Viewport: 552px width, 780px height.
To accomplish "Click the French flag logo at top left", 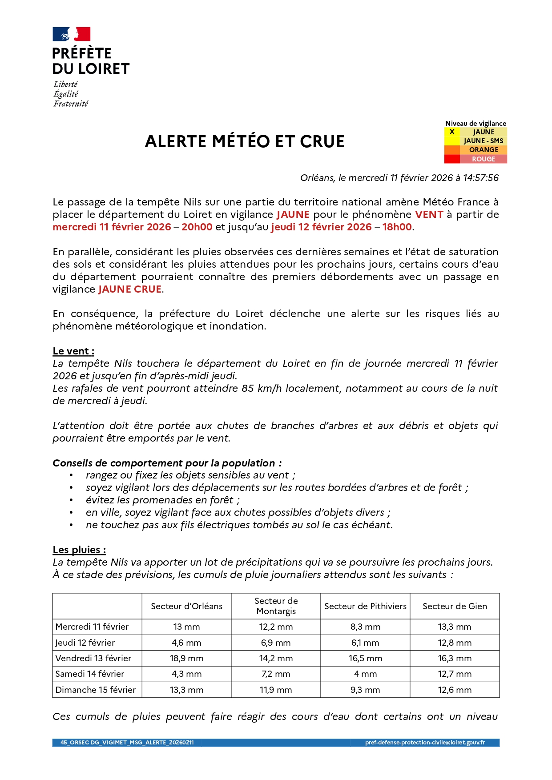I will (x=72, y=34).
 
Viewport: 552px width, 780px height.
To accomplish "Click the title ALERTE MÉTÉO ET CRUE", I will (x=245, y=141).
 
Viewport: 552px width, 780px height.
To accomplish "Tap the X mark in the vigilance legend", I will (x=452, y=132).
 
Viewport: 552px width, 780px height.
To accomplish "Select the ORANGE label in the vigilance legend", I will (x=484, y=150).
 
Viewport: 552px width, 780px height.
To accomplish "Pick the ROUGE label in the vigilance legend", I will (x=484, y=159).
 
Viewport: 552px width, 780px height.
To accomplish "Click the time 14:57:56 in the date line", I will (x=481, y=178).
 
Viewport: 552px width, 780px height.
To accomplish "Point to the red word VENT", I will (x=429, y=214).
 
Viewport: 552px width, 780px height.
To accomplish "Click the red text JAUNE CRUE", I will (x=130, y=289).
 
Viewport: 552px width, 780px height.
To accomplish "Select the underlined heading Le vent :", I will (x=73, y=351).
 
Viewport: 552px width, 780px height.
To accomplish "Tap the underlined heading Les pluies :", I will (x=79, y=550).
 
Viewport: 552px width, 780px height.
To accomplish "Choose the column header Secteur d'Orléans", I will (x=186, y=606).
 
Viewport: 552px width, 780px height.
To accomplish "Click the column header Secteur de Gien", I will (x=455, y=606).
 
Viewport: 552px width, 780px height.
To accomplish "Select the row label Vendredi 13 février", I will (x=93, y=658).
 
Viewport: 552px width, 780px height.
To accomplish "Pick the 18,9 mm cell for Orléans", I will (x=186, y=658).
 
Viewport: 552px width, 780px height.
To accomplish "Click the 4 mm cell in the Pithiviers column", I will (x=365, y=674).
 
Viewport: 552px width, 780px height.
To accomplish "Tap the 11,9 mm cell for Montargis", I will (x=276, y=690).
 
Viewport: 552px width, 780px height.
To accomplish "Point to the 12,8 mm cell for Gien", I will (x=455, y=643).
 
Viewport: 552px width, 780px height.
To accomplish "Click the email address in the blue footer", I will (x=425, y=742).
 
